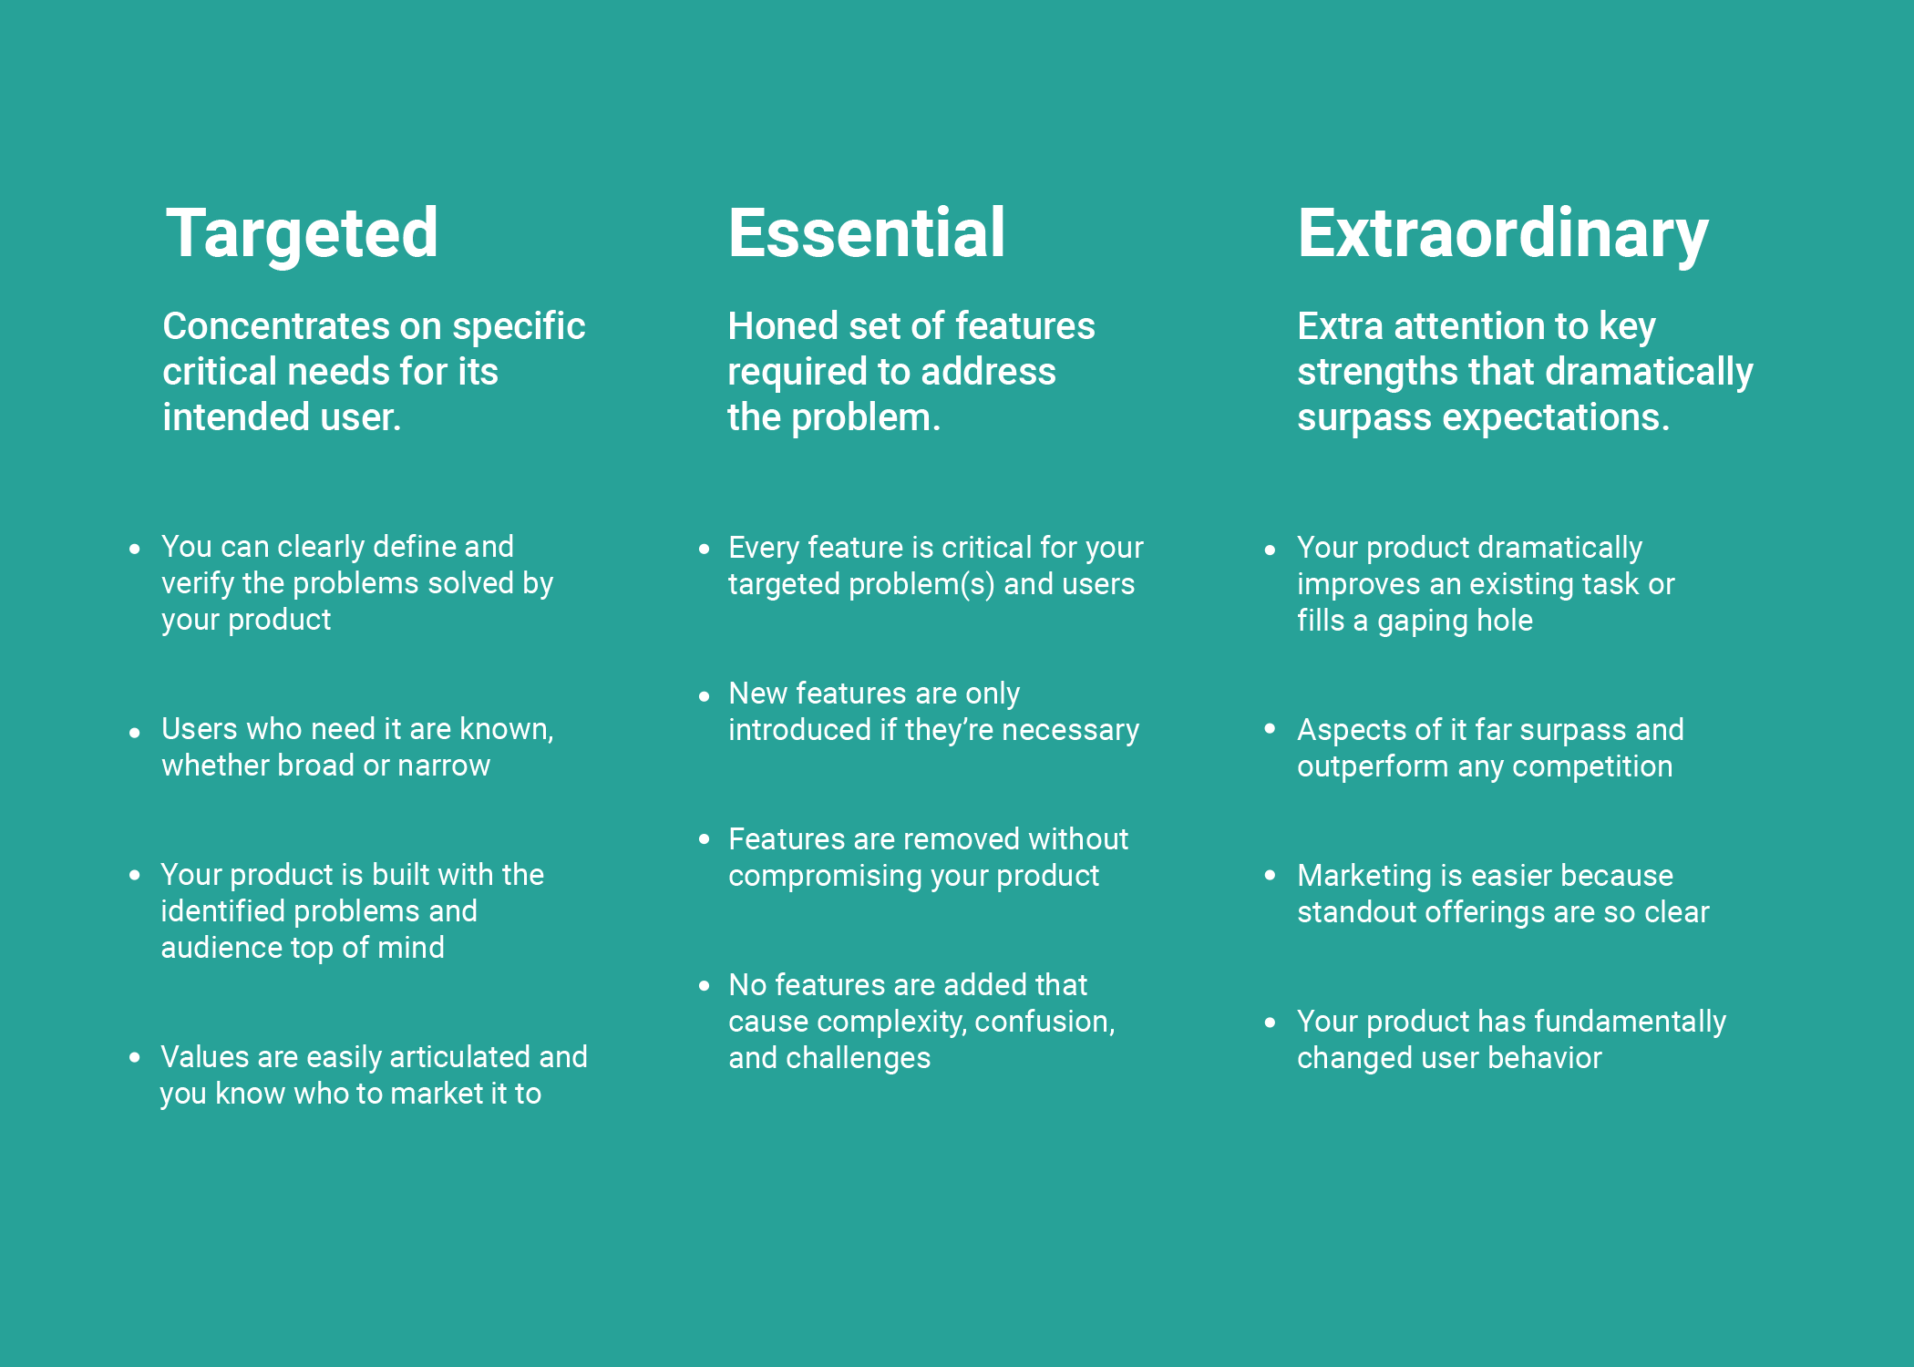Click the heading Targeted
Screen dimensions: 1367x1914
tap(302, 233)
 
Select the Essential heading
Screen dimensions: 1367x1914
tap(866, 233)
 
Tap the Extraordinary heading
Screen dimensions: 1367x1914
tap(1502, 235)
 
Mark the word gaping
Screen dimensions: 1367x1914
tap(1421, 622)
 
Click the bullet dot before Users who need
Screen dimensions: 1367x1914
tap(135, 732)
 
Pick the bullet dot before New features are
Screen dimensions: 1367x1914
tap(704, 696)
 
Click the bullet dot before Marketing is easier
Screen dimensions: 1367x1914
tap(1270, 876)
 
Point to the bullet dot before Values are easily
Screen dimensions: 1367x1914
tap(135, 1057)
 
